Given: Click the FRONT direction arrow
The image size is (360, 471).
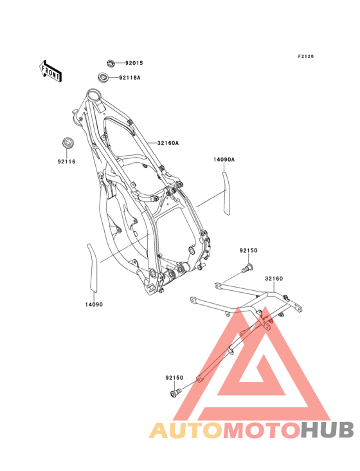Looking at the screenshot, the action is (50, 71).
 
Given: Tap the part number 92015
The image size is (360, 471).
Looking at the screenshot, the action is (134, 63).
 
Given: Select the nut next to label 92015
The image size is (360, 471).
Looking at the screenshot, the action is (111, 64).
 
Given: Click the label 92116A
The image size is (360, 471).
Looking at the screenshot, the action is (130, 78).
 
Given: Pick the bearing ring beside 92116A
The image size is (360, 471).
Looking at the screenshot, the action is (104, 77).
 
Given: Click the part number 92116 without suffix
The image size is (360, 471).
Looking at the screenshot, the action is (67, 162).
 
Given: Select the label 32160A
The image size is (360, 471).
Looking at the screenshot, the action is (168, 143).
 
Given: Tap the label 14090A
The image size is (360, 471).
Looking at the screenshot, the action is (224, 160).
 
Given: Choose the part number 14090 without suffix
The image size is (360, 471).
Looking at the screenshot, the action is (94, 304).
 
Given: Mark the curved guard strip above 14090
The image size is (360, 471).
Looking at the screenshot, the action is (93, 267).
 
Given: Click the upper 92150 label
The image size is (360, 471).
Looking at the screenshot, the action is (248, 250).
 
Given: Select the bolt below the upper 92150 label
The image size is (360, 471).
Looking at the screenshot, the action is (248, 268).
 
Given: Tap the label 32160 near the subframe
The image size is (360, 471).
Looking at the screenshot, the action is (274, 279).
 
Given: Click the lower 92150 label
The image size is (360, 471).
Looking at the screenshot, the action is (174, 378).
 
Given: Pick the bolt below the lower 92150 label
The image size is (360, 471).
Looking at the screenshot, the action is (175, 393).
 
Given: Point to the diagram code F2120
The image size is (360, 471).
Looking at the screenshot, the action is (306, 56).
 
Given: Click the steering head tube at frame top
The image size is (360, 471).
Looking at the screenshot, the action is (93, 96).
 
